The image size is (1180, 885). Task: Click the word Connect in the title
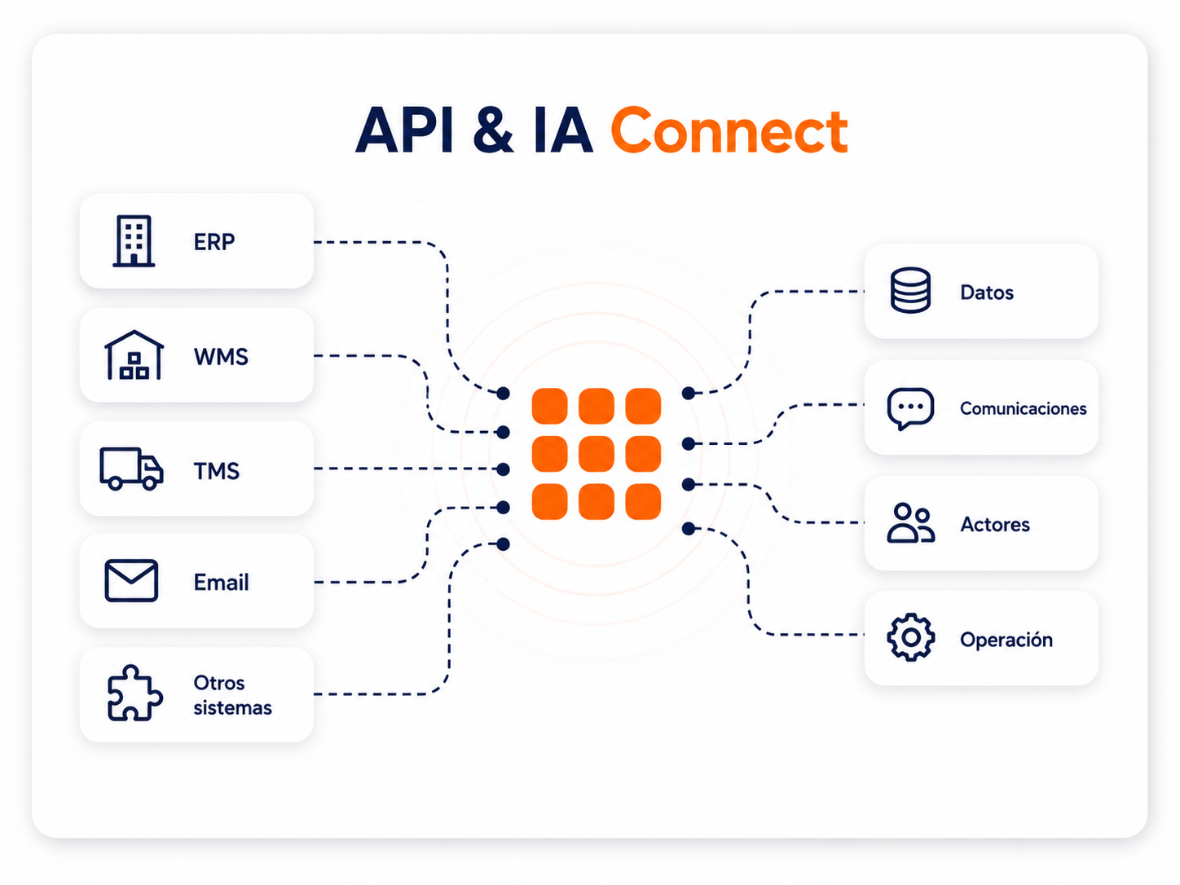[729, 130]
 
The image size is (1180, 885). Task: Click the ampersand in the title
[494, 130]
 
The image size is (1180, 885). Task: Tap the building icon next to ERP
[134, 241]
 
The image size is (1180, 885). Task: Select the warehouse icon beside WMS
[134, 355]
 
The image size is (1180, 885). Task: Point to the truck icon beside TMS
[132, 469]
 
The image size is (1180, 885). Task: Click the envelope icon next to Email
[131, 580]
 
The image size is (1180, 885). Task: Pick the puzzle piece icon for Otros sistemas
[134, 693]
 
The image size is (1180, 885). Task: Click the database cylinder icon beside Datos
[910, 290]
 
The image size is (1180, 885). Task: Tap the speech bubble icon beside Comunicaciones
[910, 408]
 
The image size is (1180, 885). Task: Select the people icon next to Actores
[910, 523]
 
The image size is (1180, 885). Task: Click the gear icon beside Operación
[910, 637]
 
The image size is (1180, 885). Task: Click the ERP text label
[214, 242]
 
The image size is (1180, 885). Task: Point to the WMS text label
[221, 356]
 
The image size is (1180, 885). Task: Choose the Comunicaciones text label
[1023, 408]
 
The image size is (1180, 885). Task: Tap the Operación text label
[1006, 639]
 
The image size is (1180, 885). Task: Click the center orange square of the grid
[597, 454]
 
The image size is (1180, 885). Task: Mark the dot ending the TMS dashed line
[503, 469]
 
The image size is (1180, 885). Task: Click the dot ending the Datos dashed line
[689, 394]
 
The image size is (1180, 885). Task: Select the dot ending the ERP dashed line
[503, 394]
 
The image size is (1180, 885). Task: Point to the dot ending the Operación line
[689, 529]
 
